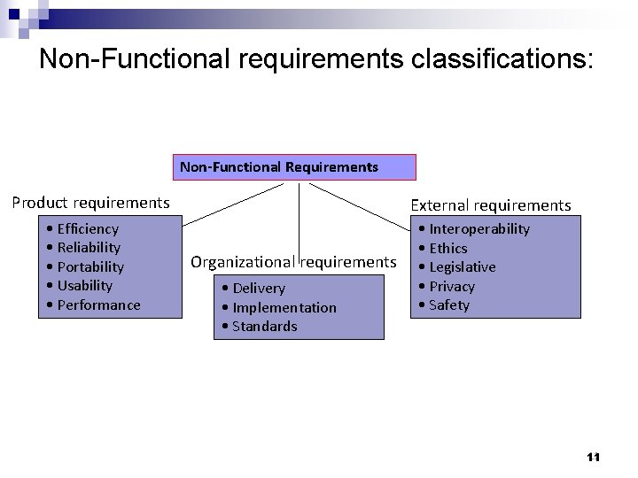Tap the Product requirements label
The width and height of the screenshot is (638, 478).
click(90, 202)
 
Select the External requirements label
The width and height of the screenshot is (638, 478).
click(491, 205)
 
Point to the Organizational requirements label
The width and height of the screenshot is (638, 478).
click(293, 261)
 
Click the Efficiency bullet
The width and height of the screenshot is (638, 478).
click(87, 228)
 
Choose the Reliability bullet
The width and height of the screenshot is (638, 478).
click(88, 247)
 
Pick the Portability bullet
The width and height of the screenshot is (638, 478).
click(90, 266)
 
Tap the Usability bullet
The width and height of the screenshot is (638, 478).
click(84, 285)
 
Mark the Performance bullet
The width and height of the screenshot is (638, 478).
click(97, 305)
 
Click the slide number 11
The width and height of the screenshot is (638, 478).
click(594, 457)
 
